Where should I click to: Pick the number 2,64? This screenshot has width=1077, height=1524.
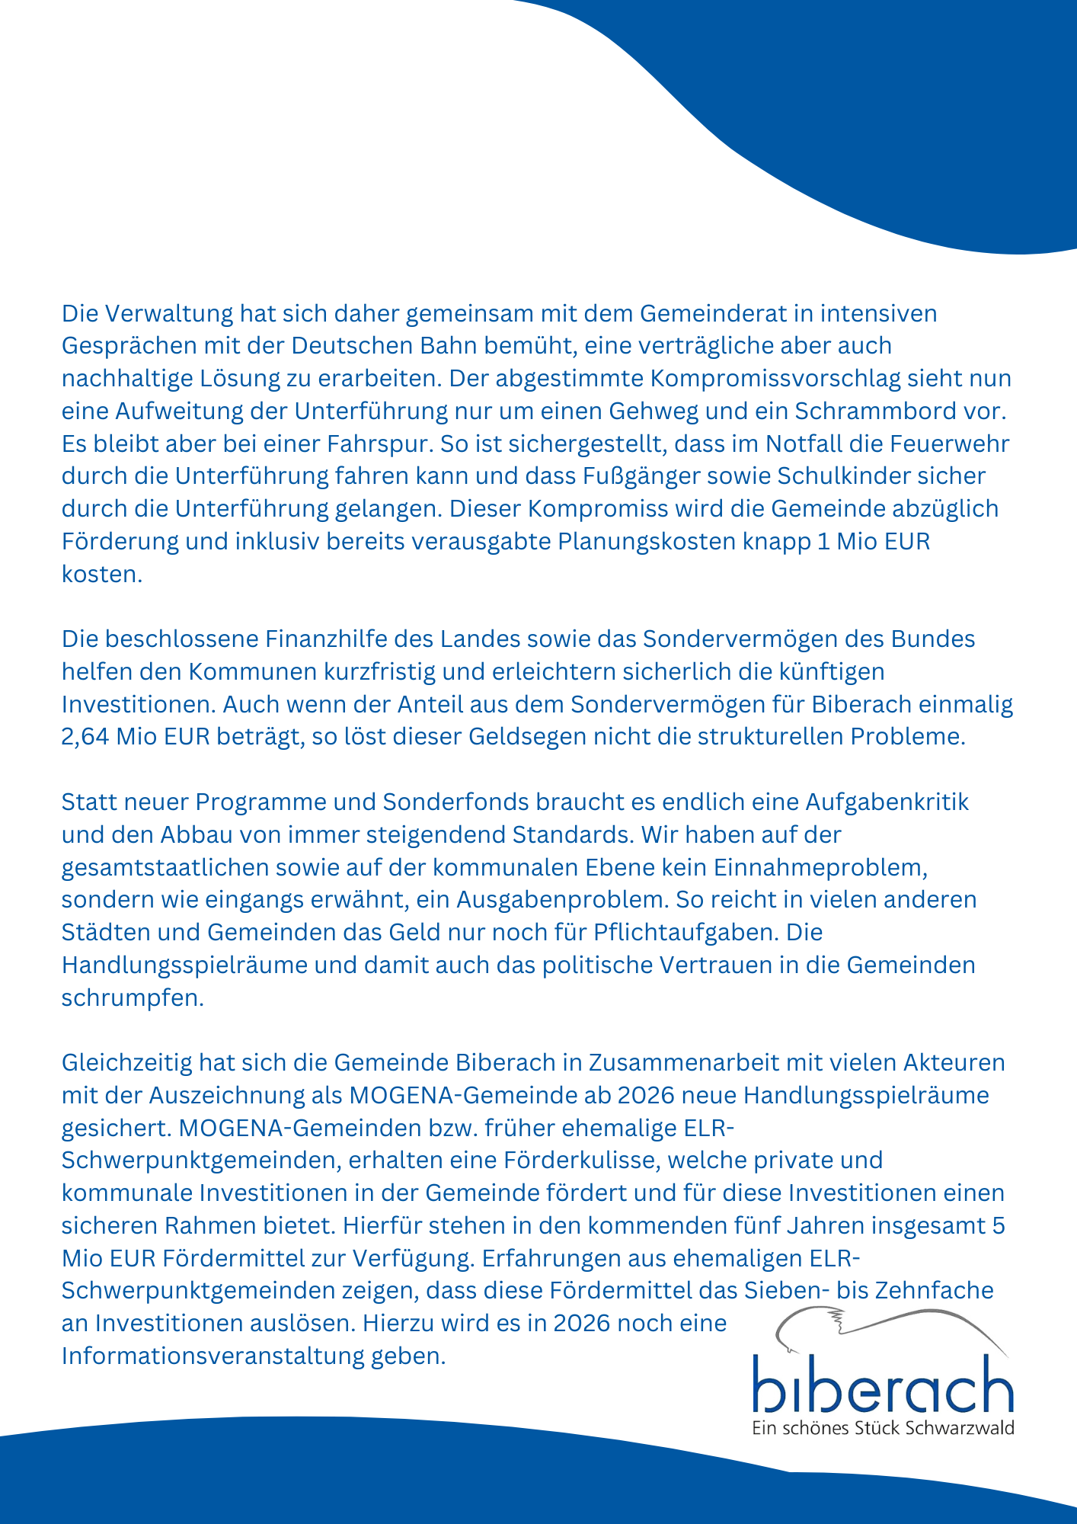pyautogui.click(x=85, y=737)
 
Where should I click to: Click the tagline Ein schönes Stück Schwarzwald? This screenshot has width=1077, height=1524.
pyautogui.click(x=883, y=1428)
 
